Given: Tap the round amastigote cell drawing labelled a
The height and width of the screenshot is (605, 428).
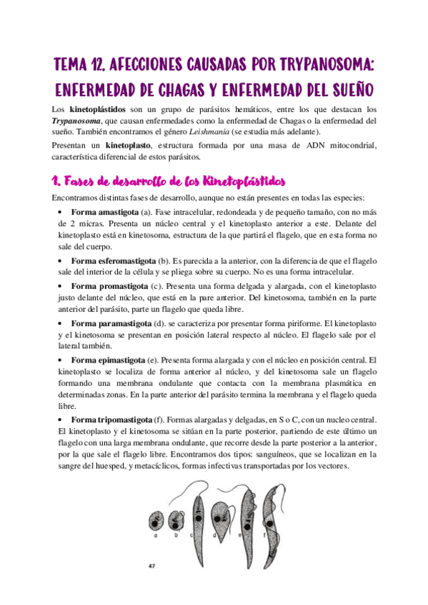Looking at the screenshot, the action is point(155,526).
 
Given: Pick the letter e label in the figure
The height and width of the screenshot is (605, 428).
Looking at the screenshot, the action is point(244,532).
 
